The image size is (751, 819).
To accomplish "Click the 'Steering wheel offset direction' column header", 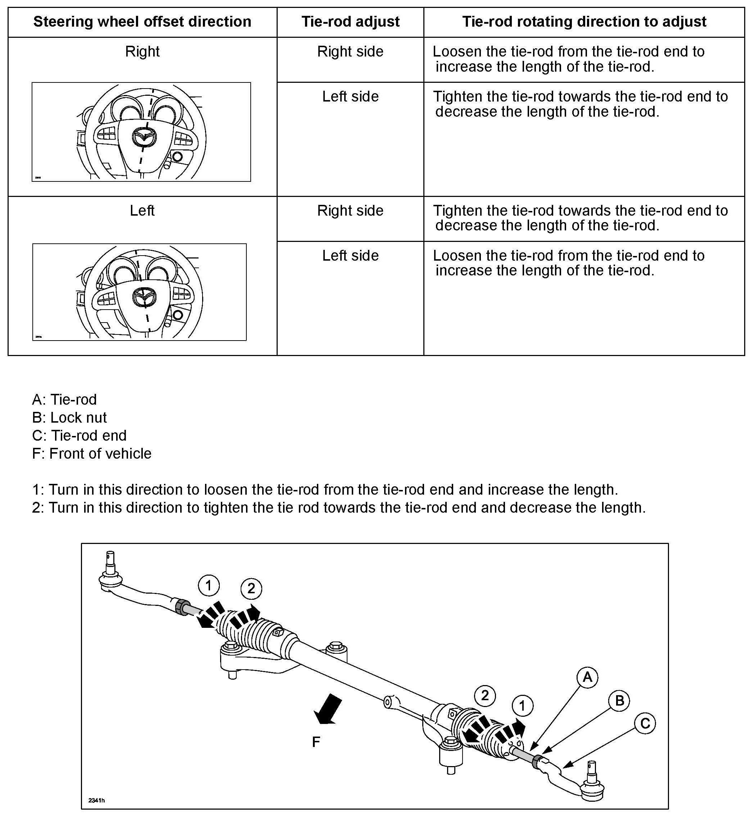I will pyautogui.click(x=142, y=22).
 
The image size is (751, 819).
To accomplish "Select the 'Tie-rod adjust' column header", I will pyautogui.click(x=350, y=22).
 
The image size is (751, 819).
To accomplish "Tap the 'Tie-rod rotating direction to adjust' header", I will pyautogui.click(x=584, y=22).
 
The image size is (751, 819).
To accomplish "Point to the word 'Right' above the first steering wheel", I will pyautogui.click(x=142, y=51).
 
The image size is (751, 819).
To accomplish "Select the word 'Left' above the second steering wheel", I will pyautogui.click(x=142, y=211).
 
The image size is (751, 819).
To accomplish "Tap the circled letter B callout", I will pyautogui.click(x=619, y=701).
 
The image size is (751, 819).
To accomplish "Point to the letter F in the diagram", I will pyautogui.click(x=316, y=743).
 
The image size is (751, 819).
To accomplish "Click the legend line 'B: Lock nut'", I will pyautogui.click(x=69, y=418).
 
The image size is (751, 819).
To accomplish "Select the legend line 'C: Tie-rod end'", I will pyautogui.click(x=79, y=436).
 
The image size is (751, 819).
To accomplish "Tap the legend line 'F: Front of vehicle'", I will pyautogui.click(x=92, y=453).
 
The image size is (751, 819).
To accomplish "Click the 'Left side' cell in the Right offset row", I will pyautogui.click(x=350, y=97).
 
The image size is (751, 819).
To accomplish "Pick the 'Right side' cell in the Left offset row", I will pyautogui.click(x=350, y=211).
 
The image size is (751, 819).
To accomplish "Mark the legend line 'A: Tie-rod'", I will pyautogui.click(x=65, y=400).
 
